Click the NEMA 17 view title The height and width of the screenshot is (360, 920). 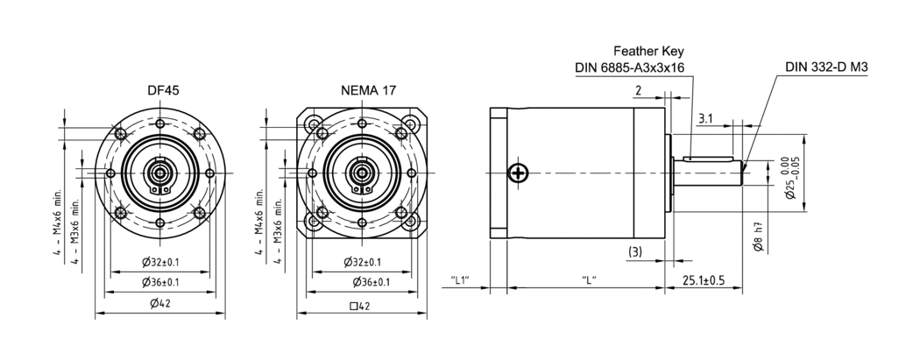369,90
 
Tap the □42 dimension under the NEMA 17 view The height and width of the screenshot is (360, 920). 359,306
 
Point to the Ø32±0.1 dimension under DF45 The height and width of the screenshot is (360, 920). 160,262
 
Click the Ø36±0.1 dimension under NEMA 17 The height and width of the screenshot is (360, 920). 372,282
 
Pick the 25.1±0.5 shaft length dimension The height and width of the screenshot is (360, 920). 704,280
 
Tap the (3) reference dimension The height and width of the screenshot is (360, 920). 635,252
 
